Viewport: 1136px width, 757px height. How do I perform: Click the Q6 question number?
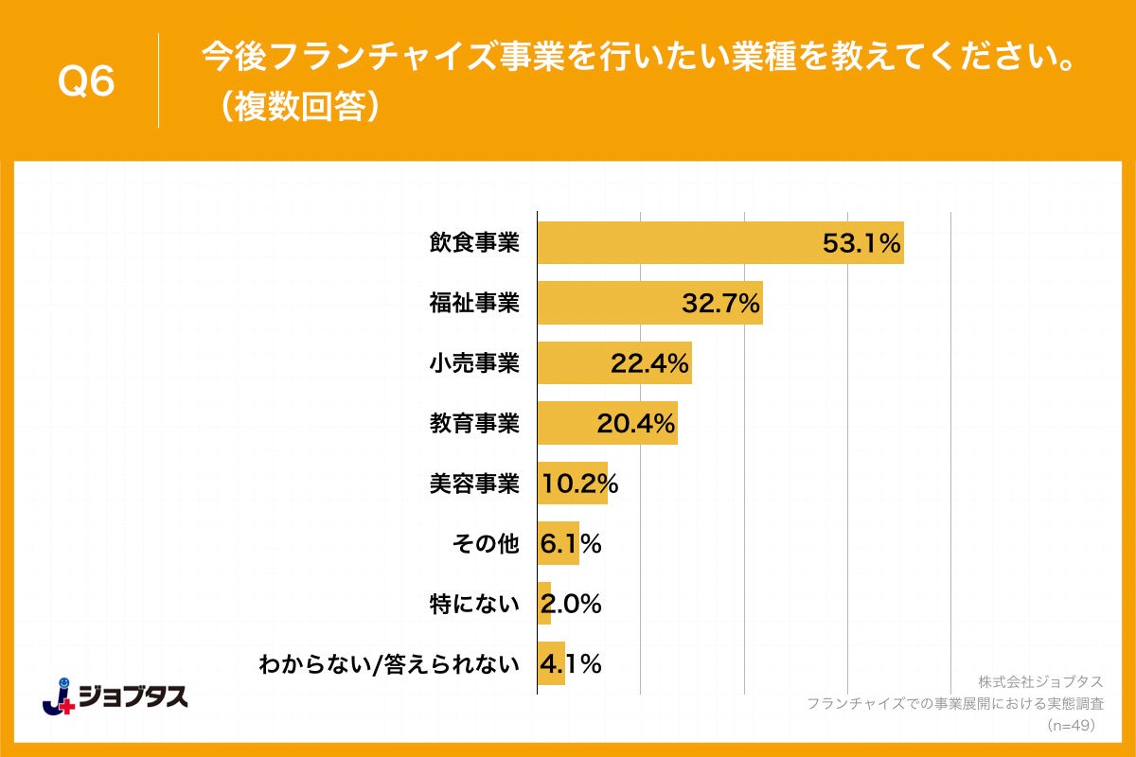tap(87, 81)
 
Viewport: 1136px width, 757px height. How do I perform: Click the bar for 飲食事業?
tap(719, 243)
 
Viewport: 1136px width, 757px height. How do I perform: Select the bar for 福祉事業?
tap(649, 303)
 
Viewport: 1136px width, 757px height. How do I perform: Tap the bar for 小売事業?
tap(613, 362)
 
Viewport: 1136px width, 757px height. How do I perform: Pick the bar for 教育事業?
tap(607, 423)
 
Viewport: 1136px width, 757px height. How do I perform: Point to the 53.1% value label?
tap(860, 244)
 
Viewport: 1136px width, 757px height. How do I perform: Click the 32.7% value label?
tap(720, 304)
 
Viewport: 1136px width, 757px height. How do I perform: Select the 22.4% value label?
tap(649, 363)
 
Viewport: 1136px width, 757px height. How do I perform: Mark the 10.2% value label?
tap(579, 484)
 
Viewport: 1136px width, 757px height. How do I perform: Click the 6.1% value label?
tap(571, 544)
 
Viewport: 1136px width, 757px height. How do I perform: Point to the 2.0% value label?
tap(571, 604)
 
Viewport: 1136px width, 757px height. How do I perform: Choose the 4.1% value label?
tap(571, 664)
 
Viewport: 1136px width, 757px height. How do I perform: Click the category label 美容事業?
tap(474, 484)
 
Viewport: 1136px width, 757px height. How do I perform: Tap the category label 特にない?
tap(474, 604)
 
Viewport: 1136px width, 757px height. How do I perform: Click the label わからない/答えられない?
tap(389, 664)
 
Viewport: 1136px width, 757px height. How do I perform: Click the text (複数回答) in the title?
tap(296, 107)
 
